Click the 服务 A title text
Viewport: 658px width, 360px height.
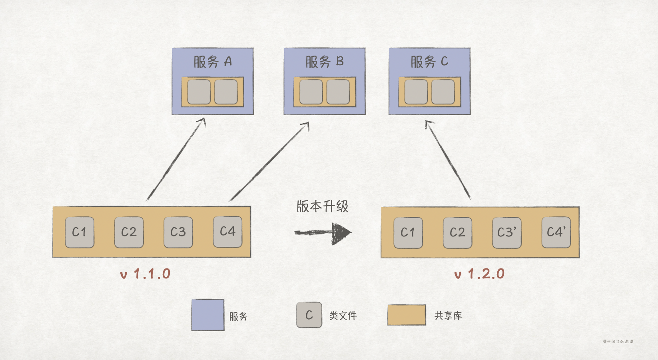[212, 62]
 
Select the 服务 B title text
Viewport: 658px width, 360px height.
[324, 62]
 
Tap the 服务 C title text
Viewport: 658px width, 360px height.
[429, 62]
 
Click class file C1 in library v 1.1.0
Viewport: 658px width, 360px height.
[80, 232]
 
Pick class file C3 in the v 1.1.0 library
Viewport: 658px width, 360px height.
[178, 232]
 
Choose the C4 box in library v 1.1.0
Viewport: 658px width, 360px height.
[227, 232]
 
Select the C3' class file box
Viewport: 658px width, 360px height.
[507, 232]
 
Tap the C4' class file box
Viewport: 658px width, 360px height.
[556, 232]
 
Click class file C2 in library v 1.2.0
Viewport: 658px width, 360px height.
[457, 232]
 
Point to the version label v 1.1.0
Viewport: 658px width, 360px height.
[146, 274]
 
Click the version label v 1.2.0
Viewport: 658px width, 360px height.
[479, 274]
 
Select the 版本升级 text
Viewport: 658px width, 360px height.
[322, 206]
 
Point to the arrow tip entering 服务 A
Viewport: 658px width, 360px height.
[203, 120]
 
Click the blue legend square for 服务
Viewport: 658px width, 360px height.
[207, 315]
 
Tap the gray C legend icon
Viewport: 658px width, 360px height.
[309, 315]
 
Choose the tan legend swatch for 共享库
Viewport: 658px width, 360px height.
[407, 315]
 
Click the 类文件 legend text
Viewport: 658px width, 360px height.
[343, 316]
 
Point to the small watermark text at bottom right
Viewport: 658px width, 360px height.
[618, 342]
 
